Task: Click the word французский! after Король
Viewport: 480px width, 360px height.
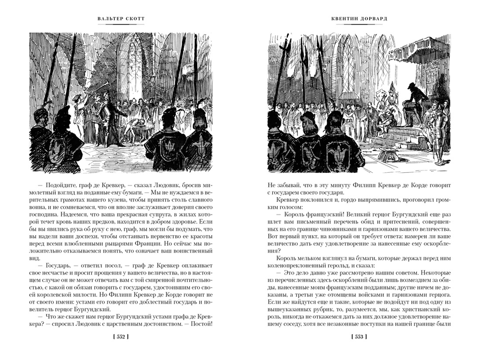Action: tap(316, 210)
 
